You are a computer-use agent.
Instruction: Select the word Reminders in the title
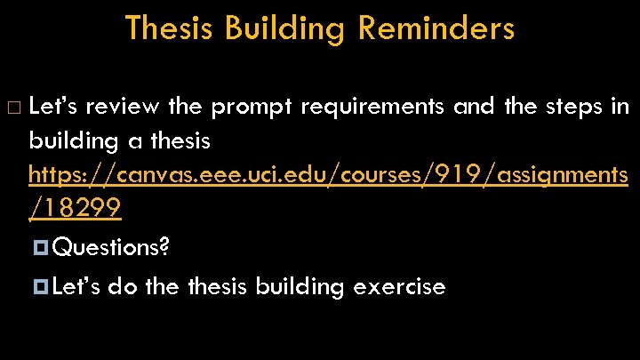(436, 28)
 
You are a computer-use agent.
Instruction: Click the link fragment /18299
(75, 210)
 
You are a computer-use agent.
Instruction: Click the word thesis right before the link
(180, 140)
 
